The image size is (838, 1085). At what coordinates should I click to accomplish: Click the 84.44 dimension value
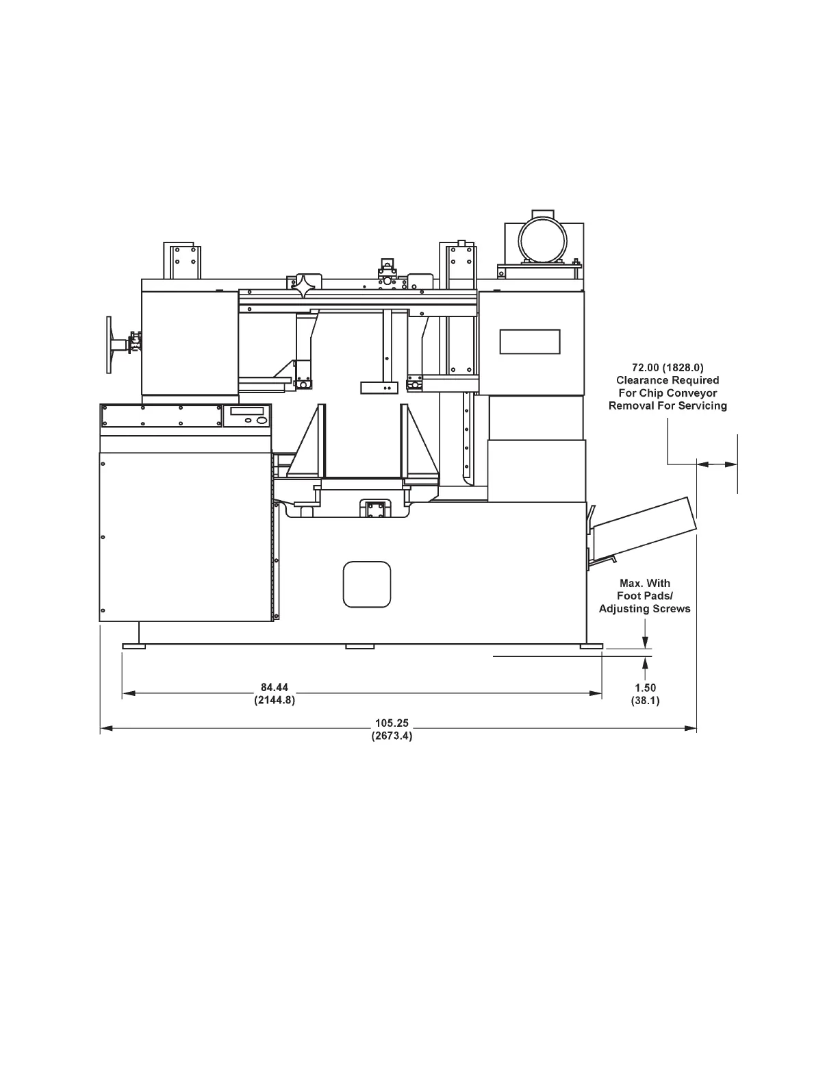274,688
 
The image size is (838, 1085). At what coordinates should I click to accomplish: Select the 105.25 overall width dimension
392,723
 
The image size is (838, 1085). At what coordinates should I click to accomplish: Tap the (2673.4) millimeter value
392,736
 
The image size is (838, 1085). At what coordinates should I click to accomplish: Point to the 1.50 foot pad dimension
646,688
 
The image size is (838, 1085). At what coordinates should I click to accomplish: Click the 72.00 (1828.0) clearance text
668,368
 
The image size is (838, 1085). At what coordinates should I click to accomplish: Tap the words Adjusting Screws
645,609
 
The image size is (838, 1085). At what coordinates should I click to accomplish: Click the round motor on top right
543,242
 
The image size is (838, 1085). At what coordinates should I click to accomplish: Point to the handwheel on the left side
109,345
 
